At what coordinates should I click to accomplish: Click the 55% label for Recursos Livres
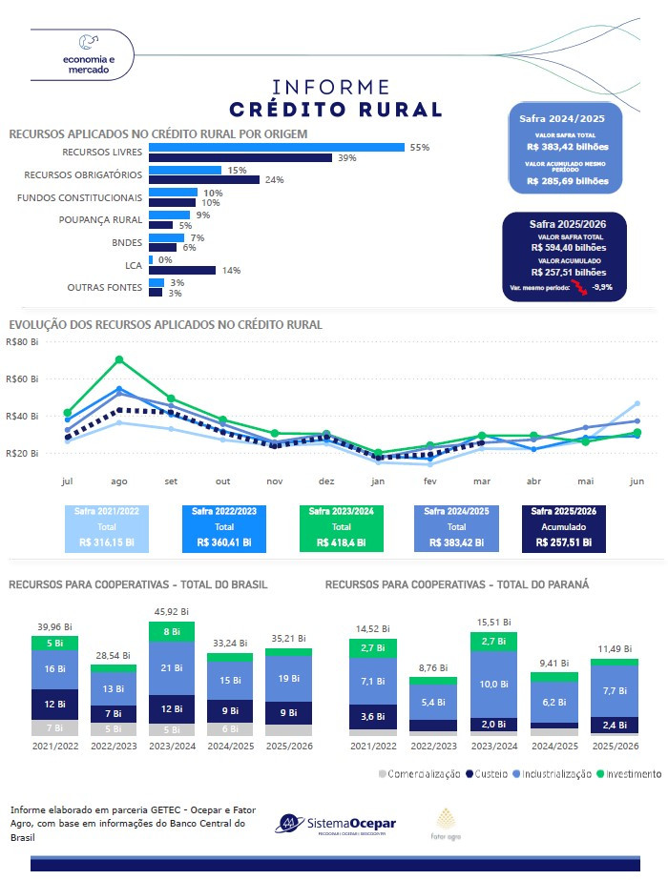coord(419,148)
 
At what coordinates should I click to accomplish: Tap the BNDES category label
coord(127,242)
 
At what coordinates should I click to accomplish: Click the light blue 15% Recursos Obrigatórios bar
coord(185,170)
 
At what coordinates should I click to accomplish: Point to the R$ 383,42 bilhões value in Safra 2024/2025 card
coord(567,148)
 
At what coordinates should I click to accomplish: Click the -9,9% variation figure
coord(603,287)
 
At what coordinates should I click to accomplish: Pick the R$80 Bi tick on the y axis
coord(21,341)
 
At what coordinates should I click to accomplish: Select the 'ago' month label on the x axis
coord(119,481)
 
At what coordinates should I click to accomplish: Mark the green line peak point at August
coord(119,359)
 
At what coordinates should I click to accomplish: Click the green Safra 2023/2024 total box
coord(341,527)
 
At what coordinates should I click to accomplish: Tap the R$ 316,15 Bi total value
coord(107,542)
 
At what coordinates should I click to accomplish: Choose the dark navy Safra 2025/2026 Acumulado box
coord(562,527)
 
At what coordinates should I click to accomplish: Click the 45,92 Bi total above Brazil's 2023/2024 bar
coord(172,611)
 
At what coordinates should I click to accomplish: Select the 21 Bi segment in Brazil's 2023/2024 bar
coord(172,667)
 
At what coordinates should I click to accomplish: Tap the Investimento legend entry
coord(629,774)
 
